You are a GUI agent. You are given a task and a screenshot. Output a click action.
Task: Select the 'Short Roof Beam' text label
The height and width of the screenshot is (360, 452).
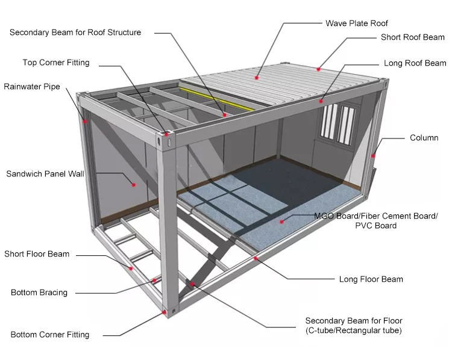pyautogui.click(x=412, y=37)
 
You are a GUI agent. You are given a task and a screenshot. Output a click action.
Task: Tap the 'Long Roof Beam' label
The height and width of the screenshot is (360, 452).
pyautogui.click(x=415, y=63)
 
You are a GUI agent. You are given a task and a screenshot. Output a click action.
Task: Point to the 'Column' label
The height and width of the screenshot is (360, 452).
pyautogui.click(x=424, y=138)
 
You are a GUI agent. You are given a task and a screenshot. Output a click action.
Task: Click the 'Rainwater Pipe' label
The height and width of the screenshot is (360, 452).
pyautogui.click(x=32, y=87)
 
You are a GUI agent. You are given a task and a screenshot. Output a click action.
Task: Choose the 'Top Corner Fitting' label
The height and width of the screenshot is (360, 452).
pyautogui.click(x=56, y=63)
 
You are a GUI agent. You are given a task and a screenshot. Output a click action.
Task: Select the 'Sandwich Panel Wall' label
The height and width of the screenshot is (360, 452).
pyautogui.click(x=45, y=174)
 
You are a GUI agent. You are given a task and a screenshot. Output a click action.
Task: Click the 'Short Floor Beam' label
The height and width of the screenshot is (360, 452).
pyautogui.click(x=37, y=254)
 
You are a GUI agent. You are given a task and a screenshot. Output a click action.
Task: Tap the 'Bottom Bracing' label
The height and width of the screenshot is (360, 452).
pyautogui.click(x=39, y=293)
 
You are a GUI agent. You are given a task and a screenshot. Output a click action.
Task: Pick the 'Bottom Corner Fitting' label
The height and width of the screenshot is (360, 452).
pyautogui.click(x=50, y=335)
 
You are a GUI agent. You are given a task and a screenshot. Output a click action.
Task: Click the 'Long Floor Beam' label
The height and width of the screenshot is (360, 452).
pyautogui.click(x=371, y=279)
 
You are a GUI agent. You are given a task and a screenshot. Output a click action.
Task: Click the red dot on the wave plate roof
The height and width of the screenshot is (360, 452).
pyautogui.click(x=257, y=77)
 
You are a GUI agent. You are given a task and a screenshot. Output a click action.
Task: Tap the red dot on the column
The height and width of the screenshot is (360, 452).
pyautogui.click(x=373, y=156)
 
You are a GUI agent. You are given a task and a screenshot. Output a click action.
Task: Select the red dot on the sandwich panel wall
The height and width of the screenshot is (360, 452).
pyautogui.click(x=134, y=184)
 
